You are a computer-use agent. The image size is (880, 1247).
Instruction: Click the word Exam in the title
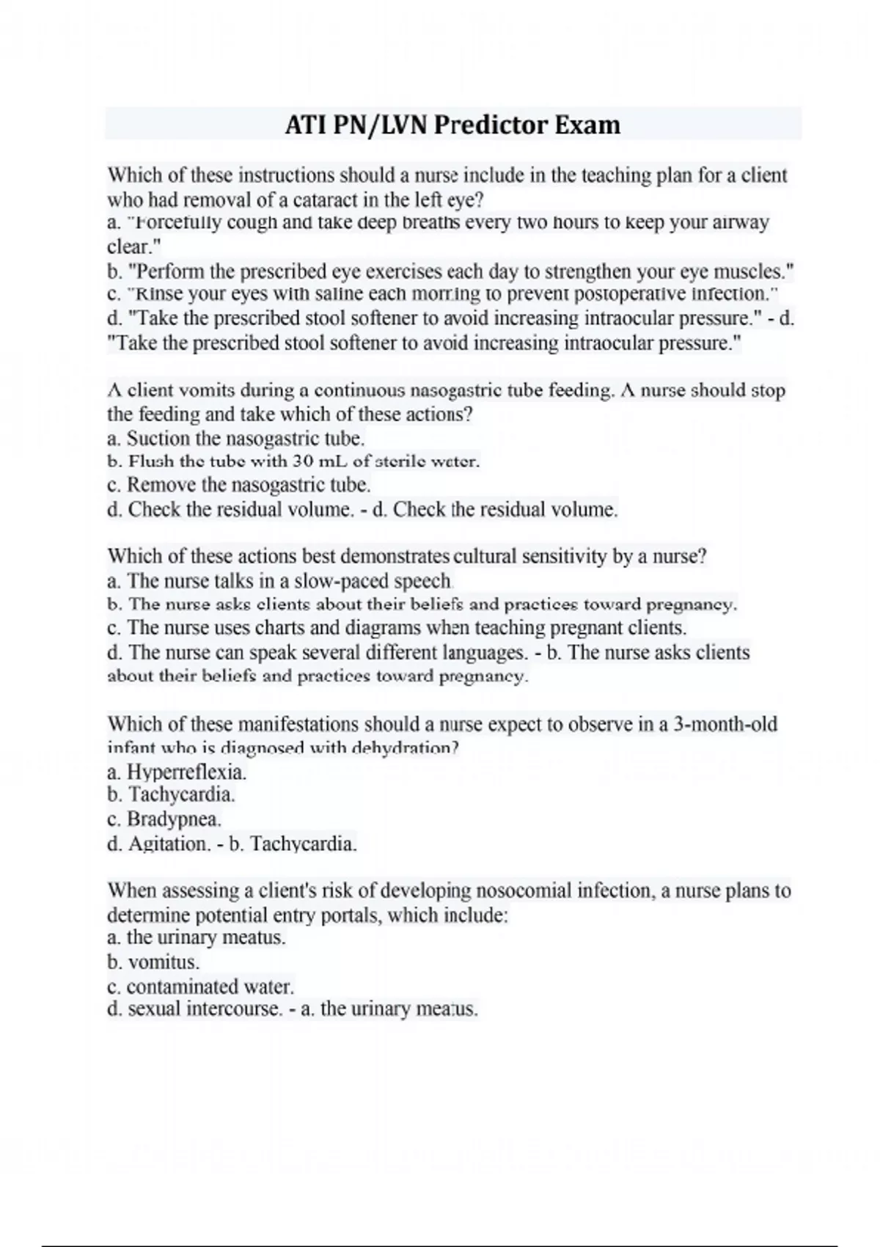coord(587,125)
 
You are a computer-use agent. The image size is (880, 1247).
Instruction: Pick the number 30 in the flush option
coord(304,462)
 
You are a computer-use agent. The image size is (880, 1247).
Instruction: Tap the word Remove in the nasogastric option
coord(161,485)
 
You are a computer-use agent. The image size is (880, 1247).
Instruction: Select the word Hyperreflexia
coord(186,772)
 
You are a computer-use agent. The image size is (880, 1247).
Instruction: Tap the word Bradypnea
coord(174,819)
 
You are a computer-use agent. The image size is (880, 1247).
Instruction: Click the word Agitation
coord(169,844)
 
